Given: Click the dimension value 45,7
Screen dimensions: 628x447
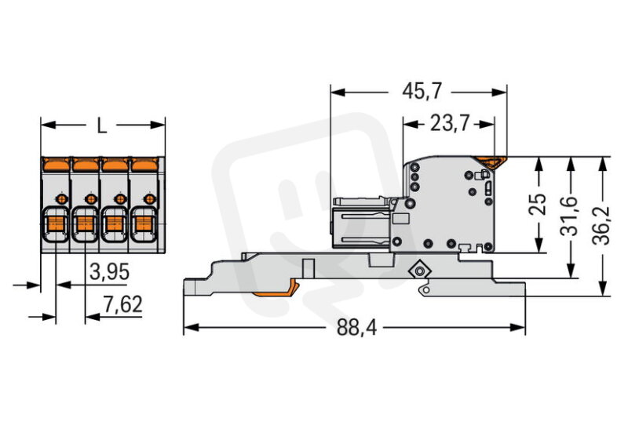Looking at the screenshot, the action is coord(422,92).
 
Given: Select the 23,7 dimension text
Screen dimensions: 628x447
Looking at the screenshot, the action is coord(449,123).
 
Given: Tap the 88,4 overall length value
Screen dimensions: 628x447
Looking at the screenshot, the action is coord(357,327).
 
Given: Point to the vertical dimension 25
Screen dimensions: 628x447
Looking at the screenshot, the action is coord(539,204).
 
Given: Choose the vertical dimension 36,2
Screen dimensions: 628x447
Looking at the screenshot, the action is coord(601,226).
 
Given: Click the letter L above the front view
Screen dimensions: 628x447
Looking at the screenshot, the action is coord(102,126).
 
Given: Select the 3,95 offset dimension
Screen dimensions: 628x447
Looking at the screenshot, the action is coord(109,273).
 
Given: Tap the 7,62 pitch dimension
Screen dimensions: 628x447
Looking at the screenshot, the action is coord(122,304).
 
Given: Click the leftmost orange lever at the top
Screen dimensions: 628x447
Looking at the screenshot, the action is coord(57,164).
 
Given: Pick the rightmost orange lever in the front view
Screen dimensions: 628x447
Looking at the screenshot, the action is coord(144,164).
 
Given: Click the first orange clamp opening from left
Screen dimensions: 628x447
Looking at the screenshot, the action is coord(56,224).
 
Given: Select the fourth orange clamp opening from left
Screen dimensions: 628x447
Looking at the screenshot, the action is coord(143,224).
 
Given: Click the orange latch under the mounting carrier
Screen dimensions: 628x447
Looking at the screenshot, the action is coord(276,291).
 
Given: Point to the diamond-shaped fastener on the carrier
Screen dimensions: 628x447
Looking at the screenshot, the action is coord(419,271).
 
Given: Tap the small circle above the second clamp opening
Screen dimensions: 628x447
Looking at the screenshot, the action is coord(90,199).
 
